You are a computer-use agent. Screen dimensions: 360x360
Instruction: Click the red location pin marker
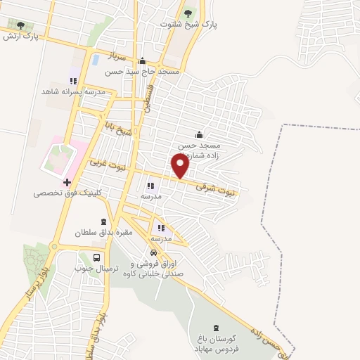tap(181, 166)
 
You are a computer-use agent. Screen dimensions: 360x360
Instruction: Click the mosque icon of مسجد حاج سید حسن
tap(143, 60)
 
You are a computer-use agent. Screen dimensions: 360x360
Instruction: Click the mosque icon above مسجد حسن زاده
tap(199, 134)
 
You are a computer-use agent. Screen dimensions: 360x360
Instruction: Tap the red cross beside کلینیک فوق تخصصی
tap(67, 182)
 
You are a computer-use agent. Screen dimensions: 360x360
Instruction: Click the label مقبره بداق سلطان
tap(105, 232)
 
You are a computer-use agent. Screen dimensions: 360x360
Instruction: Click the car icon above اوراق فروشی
tap(153, 252)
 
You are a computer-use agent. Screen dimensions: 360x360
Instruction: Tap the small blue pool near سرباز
tap(94, 59)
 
